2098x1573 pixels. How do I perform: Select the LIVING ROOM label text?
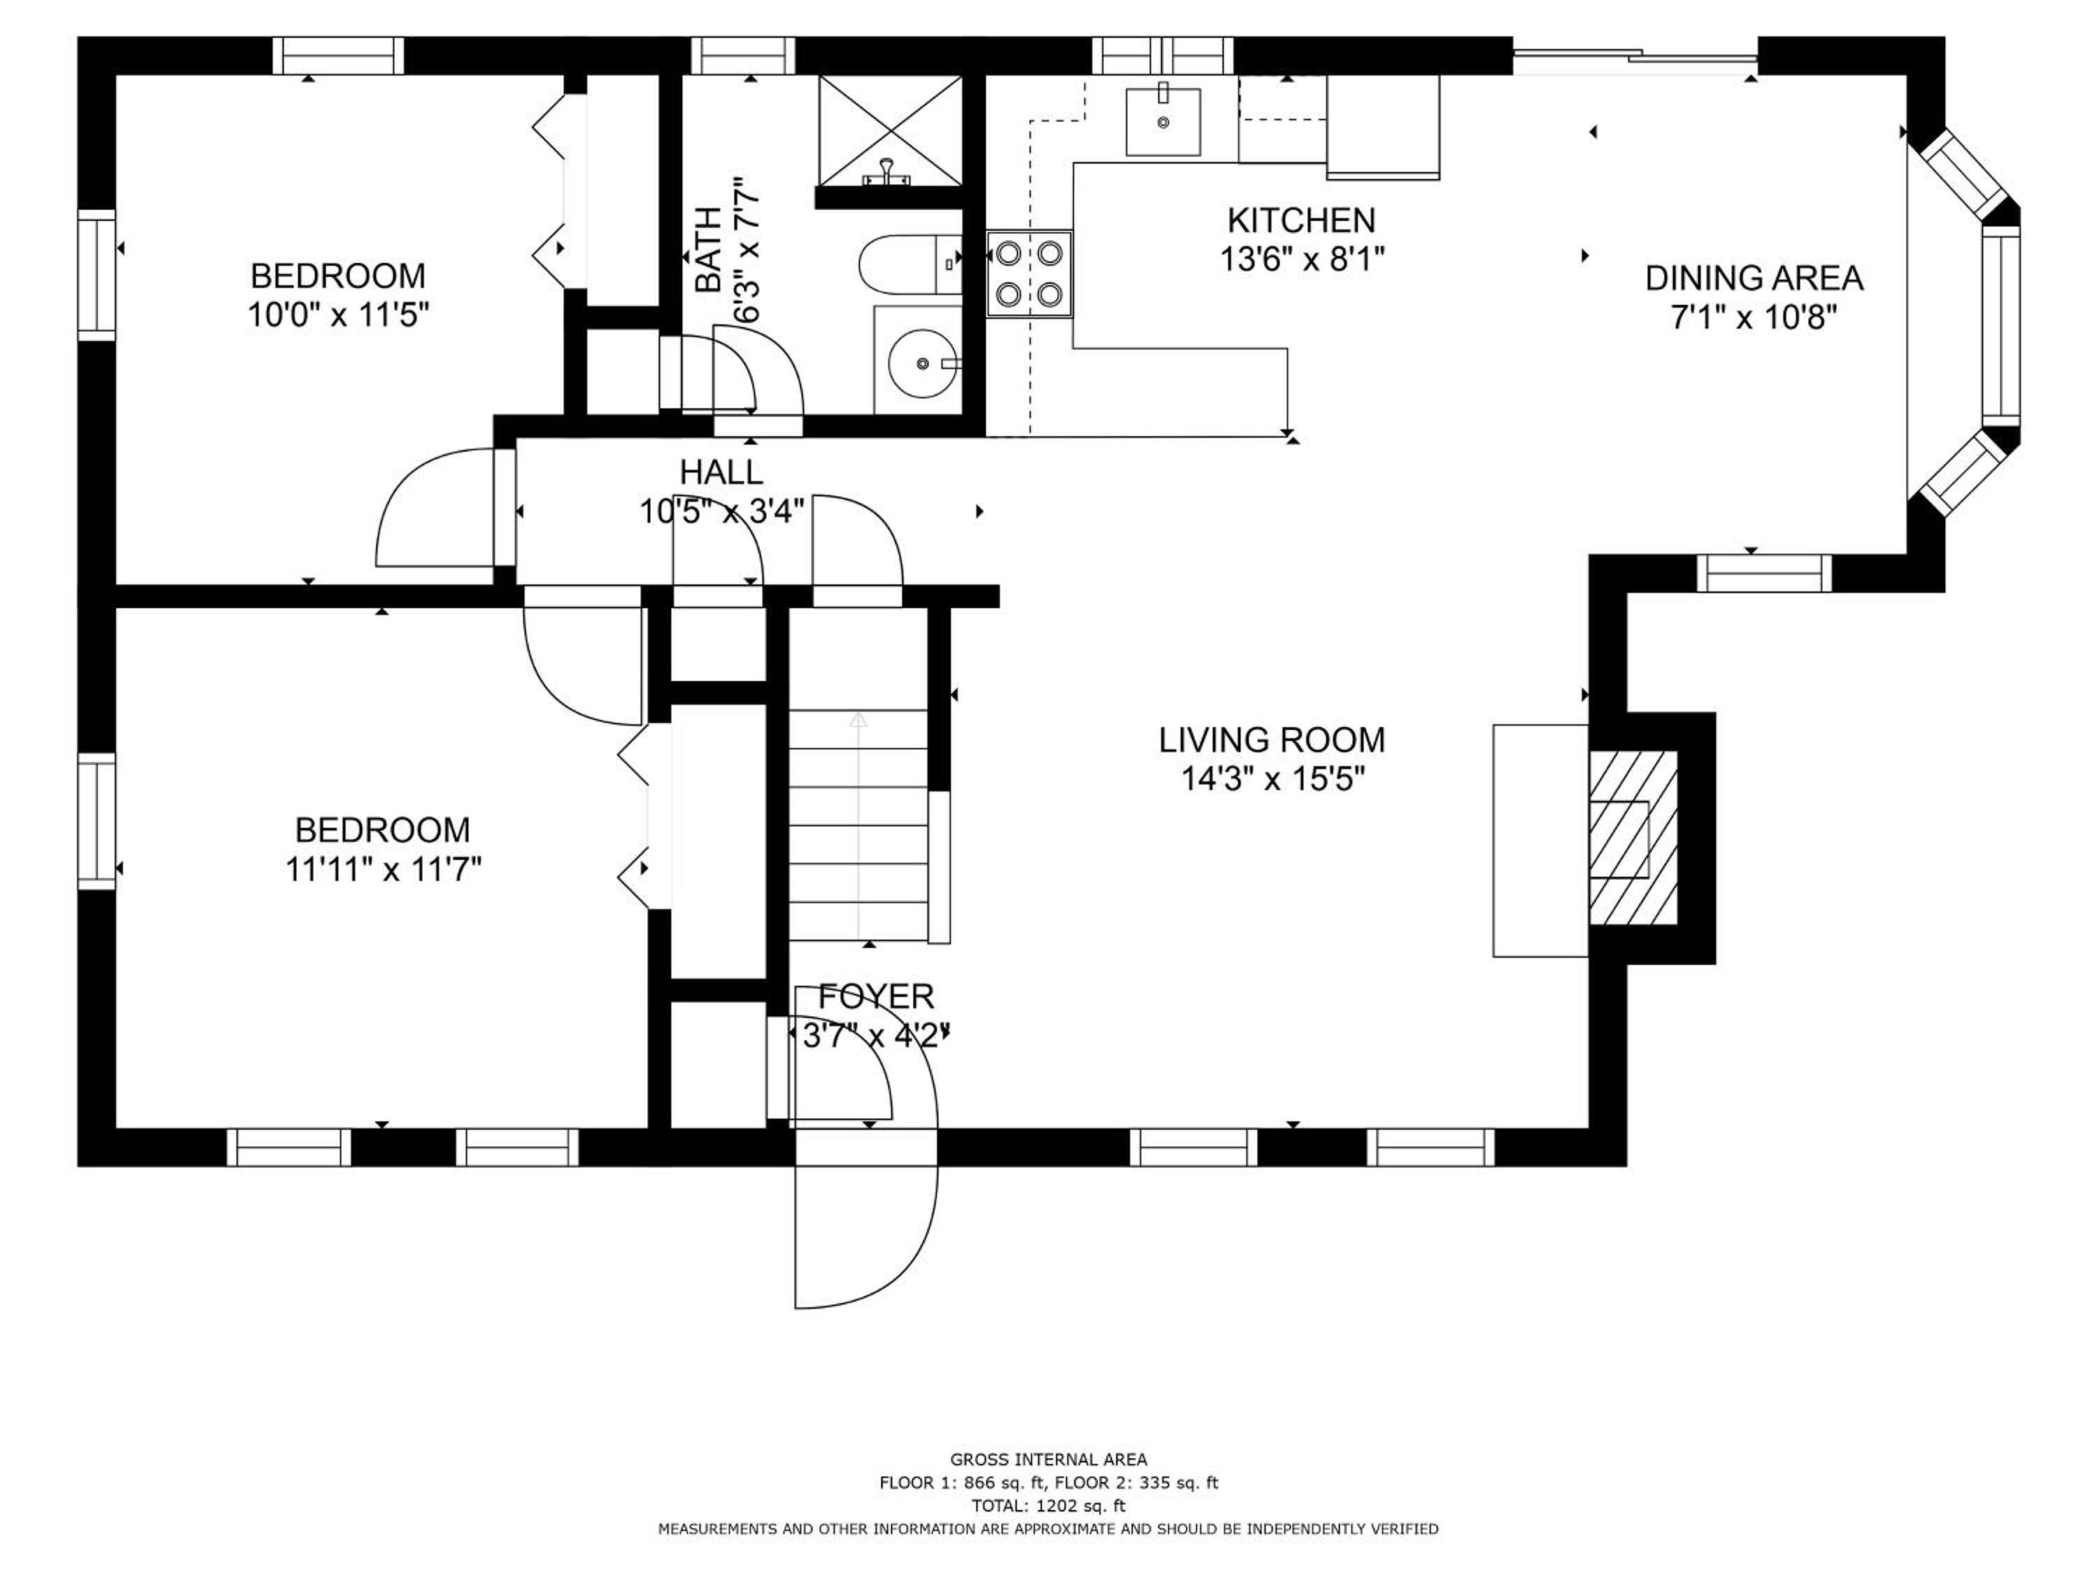click(x=1272, y=740)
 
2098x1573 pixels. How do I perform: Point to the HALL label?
click(x=721, y=471)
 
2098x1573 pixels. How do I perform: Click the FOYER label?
click(x=876, y=996)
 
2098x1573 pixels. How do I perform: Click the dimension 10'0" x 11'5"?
click(x=338, y=314)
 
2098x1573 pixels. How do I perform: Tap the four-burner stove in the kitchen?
click(x=1029, y=274)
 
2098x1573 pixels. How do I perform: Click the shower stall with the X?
click(x=890, y=131)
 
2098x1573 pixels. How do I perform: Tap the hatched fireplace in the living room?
click(x=1632, y=838)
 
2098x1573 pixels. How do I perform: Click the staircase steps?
click(x=858, y=825)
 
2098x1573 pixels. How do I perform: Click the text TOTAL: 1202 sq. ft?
click(x=1048, y=1504)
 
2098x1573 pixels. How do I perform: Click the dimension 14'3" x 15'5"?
click(x=1272, y=780)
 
